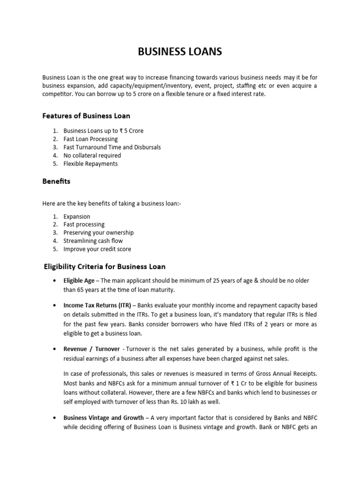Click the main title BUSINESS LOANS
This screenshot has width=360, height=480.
[180, 52]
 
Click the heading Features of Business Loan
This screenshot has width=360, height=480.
[86, 115]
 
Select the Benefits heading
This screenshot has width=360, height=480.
[56, 181]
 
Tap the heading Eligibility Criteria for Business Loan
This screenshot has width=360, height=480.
[104, 267]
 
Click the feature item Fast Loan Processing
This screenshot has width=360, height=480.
[90, 139]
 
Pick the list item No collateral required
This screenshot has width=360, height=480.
[92, 155]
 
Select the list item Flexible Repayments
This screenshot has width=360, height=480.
[90, 164]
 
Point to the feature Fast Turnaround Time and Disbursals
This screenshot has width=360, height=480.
[112, 147]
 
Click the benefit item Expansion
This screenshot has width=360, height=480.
[77, 217]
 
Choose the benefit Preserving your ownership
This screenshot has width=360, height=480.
[98, 232]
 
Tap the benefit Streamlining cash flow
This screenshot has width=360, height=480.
[93, 241]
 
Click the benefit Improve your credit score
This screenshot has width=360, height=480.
[97, 249]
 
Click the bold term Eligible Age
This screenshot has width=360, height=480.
[80, 280]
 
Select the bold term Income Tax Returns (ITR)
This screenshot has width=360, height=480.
[97, 305]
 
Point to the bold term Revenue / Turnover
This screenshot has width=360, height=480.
[92, 349]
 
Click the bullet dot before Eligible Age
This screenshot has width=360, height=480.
[56, 280]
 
